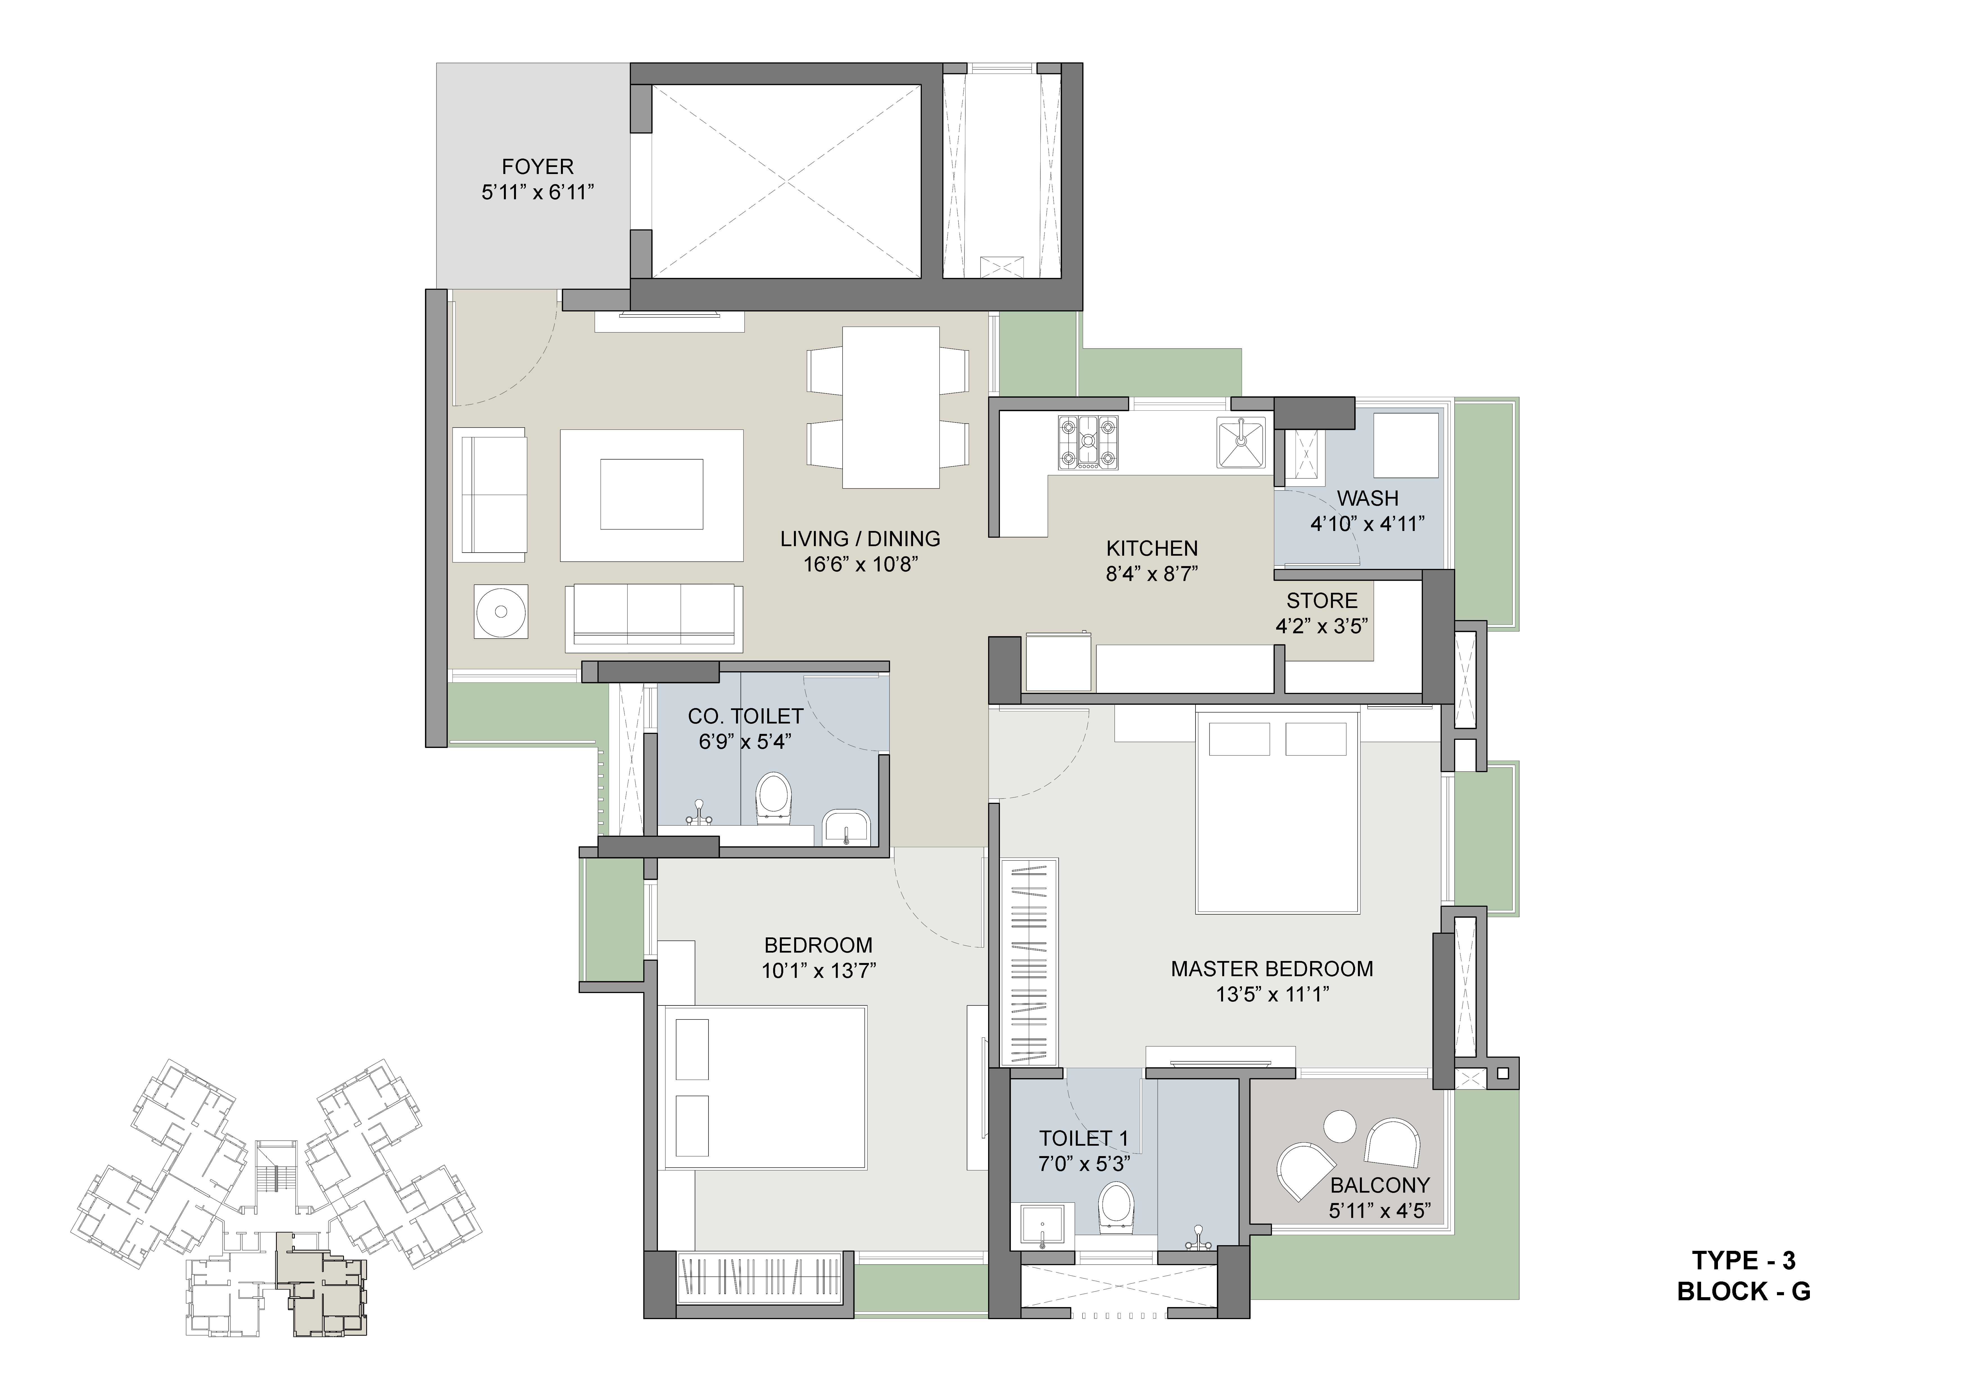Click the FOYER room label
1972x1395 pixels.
(538, 167)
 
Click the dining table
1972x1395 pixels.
(891, 407)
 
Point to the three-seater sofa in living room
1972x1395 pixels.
(654, 618)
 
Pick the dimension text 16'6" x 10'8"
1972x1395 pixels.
(861, 564)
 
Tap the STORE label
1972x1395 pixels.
(1322, 600)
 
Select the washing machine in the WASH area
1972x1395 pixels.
(1406, 445)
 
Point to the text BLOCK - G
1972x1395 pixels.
(1744, 1291)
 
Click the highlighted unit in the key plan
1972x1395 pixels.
(322, 1283)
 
